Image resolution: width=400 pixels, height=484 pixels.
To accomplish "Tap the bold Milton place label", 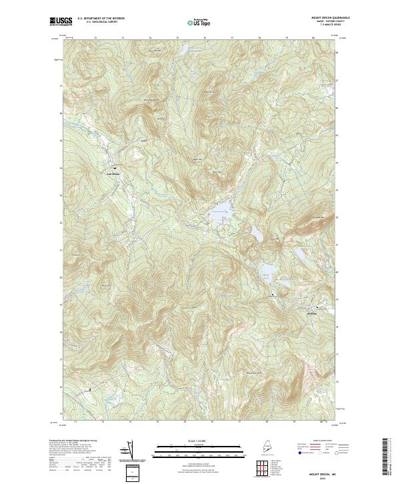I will click(114, 175).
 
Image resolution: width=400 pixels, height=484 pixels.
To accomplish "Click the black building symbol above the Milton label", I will click(114, 168).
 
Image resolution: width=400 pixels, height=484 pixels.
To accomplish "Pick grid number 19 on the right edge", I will click(337, 327).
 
